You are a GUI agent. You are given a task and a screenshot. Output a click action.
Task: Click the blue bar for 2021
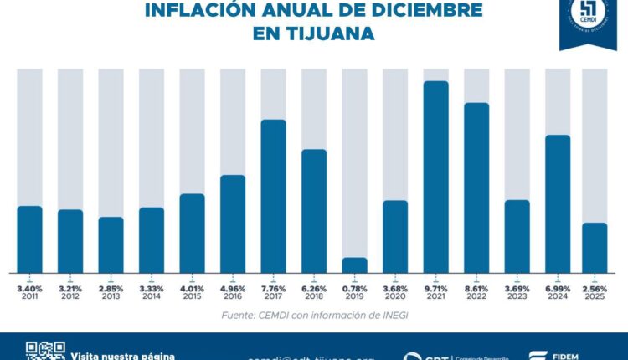point(436,176)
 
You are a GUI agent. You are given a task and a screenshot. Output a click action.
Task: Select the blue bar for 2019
point(354,265)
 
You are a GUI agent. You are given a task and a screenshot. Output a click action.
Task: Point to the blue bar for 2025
point(595,247)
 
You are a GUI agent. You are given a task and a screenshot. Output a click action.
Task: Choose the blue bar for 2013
point(111,244)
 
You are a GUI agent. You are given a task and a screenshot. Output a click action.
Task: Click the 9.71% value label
point(436,289)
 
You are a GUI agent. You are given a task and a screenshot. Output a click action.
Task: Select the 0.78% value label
point(354,289)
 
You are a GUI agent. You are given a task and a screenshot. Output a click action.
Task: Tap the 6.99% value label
point(558,289)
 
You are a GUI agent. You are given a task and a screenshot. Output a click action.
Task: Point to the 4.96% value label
point(233,289)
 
